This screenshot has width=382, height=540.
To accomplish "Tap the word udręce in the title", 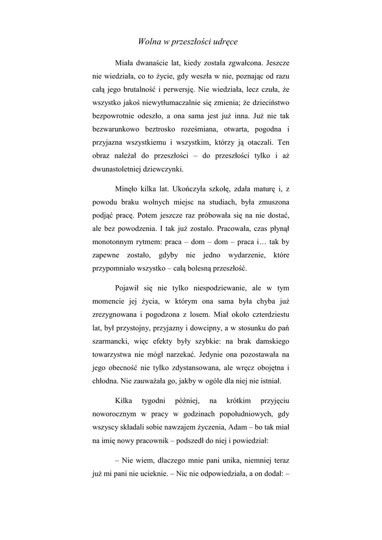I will click(228, 41).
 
